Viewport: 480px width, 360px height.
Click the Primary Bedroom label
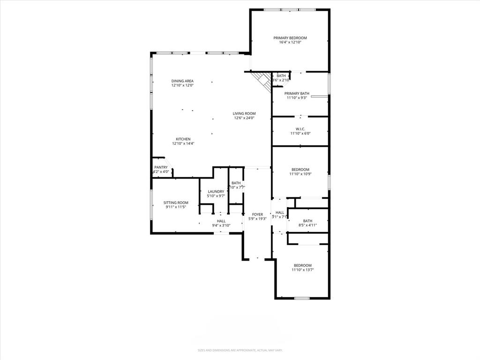tap(290, 37)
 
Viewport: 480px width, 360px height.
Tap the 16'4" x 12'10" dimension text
tap(290, 42)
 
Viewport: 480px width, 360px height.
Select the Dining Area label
tap(182, 81)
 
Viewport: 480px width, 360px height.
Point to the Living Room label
tap(244, 113)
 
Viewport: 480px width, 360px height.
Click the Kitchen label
tap(183, 139)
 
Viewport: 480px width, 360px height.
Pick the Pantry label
tap(161, 167)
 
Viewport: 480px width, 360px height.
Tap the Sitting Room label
tap(176, 202)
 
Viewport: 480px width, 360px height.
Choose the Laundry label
tap(216, 191)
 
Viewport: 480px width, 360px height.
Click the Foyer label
tap(257, 214)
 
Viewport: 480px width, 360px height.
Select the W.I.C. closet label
tap(300, 129)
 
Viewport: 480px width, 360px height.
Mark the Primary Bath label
tap(297, 93)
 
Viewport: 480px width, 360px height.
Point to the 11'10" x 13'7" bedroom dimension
tap(302, 270)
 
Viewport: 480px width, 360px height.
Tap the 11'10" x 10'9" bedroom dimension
tap(300, 174)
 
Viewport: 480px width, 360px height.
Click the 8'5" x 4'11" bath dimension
tap(307, 225)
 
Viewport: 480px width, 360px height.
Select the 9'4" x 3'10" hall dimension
tap(221, 225)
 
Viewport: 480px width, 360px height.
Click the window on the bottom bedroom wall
tap(302, 298)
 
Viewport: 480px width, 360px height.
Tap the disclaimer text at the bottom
tap(240, 350)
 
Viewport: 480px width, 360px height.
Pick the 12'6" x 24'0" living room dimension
tap(244, 118)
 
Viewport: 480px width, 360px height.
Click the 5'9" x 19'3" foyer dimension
tap(257, 219)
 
